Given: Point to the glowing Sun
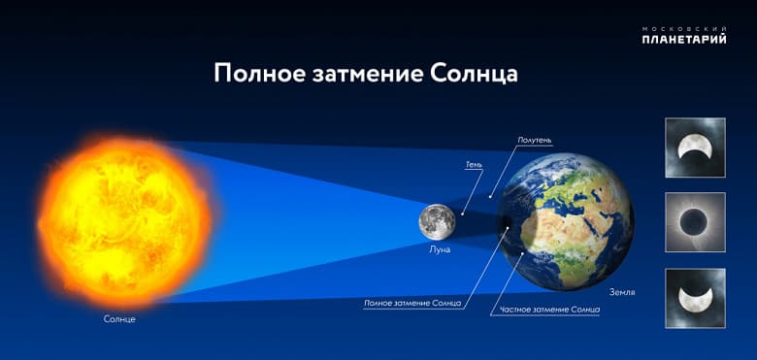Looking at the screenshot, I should tap(123, 220).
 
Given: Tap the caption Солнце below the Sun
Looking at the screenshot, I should tap(119, 318).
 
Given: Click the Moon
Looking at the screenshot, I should tap(437, 221).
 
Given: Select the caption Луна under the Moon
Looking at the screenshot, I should tap(440, 249).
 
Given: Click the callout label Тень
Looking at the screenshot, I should tap(473, 165).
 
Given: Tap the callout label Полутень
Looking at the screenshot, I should tap(534, 141).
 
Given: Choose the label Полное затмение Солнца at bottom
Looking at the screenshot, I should tap(411, 303).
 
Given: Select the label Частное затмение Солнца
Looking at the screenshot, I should tap(549, 310).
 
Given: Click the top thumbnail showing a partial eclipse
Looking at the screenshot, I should tap(695, 147).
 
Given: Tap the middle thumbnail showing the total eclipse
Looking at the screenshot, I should tap(695, 222).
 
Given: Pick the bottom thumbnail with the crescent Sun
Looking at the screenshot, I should tap(695, 298).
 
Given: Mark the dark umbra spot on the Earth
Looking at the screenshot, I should tap(509, 227).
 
